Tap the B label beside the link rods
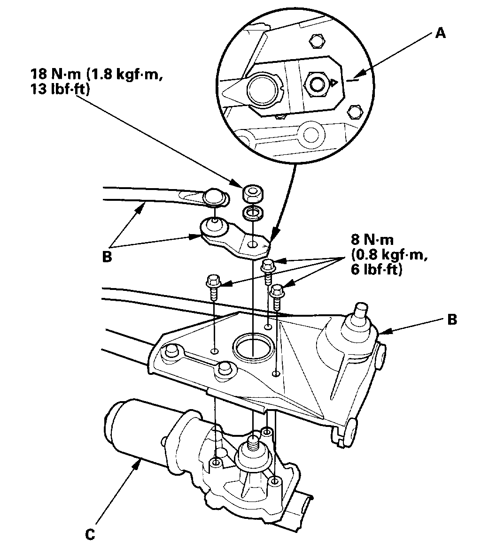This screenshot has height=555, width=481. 107,258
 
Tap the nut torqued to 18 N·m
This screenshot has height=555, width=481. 253,193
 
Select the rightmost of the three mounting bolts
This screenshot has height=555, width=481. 277,295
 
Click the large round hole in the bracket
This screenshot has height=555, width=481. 252,347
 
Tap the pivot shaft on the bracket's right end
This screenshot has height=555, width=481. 360,312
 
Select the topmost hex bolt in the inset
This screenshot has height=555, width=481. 317,41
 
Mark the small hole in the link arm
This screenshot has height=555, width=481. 254,244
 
